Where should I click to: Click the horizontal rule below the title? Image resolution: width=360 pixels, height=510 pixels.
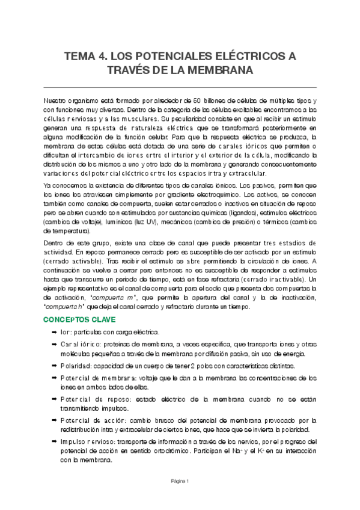(x=180, y=88)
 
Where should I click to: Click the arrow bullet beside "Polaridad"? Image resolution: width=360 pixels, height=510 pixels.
(x=53, y=366)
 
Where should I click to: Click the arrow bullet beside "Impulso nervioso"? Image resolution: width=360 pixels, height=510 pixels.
(x=53, y=442)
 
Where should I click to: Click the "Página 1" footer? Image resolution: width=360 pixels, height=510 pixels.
(x=180, y=481)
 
